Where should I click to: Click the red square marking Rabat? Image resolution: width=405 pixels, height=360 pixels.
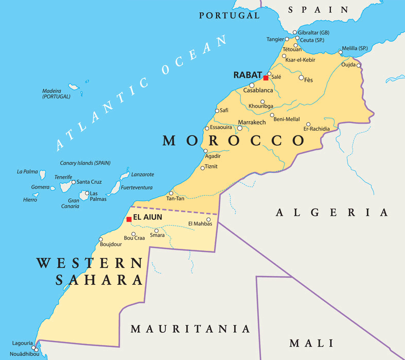(266, 78)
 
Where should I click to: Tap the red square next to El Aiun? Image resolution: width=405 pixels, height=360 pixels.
(129, 219)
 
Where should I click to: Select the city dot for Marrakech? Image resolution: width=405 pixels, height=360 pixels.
(240, 128)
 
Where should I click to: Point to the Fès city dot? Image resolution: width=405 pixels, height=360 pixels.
(301, 78)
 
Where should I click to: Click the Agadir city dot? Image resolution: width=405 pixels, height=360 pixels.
(205, 151)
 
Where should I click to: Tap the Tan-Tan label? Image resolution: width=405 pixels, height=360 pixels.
(175, 199)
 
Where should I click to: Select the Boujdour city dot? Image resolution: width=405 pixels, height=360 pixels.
(101, 239)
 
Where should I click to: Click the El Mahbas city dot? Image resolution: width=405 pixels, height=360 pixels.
(208, 219)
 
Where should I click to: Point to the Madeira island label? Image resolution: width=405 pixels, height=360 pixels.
(56, 94)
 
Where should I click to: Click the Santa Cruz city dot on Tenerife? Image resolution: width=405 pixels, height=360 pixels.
(73, 182)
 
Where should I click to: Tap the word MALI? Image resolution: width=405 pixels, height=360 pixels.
(311, 344)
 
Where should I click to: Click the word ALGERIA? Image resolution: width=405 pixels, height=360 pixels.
(332, 212)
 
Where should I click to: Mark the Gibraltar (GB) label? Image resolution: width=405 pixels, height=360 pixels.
(314, 32)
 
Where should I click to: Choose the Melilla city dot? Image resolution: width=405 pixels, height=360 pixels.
(340, 52)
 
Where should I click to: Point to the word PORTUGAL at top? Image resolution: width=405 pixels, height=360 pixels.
(230, 15)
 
